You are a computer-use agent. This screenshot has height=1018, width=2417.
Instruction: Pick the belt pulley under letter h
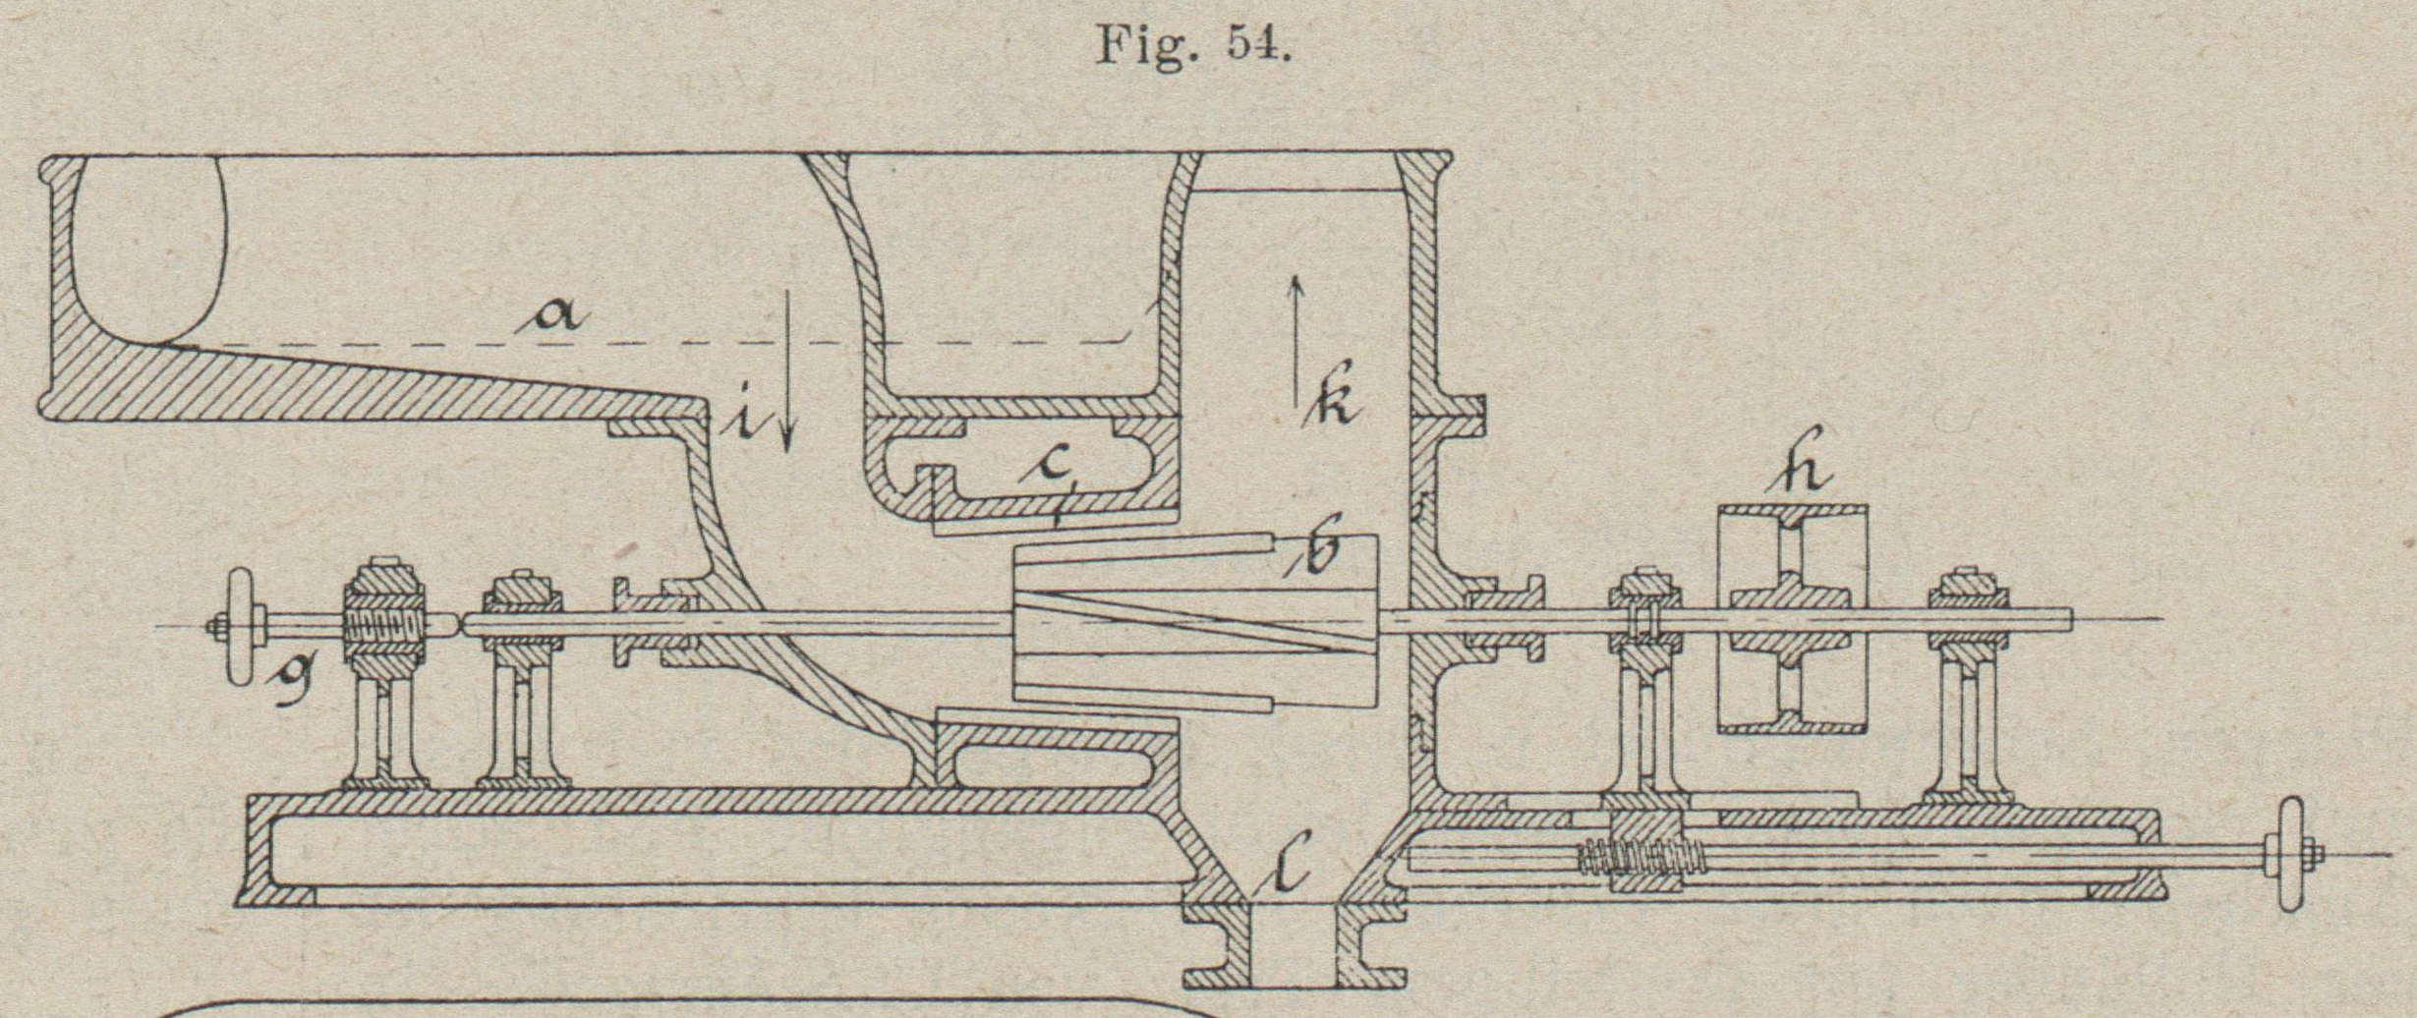[1791, 619]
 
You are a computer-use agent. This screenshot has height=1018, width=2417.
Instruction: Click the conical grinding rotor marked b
[1194, 619]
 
